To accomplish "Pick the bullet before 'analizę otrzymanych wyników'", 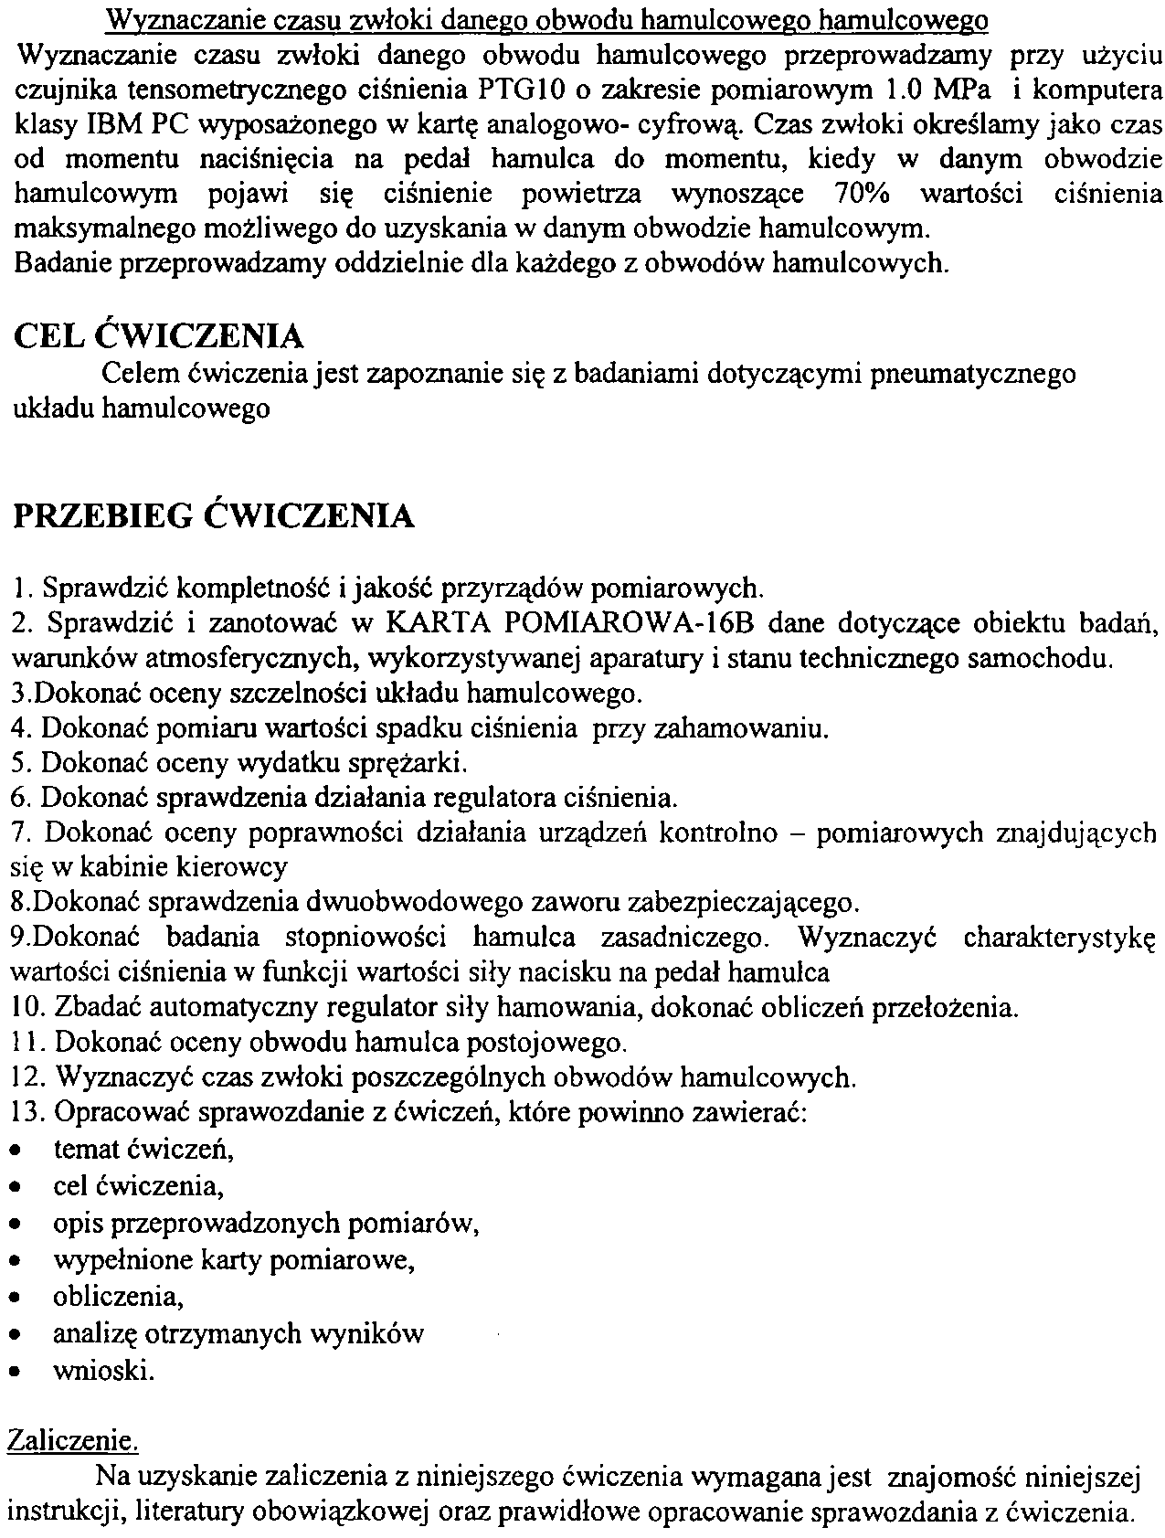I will click(15, 1335).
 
